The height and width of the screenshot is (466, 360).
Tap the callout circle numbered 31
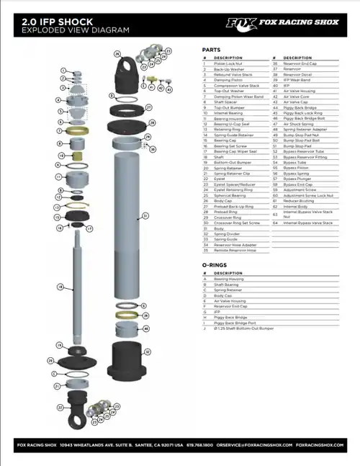click(x=145, y=215)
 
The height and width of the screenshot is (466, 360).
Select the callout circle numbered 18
click(x=60, y=287)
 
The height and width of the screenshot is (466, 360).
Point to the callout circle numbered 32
click(x=147, y=352)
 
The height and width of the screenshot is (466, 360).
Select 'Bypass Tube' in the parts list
click(x=292, y=163)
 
